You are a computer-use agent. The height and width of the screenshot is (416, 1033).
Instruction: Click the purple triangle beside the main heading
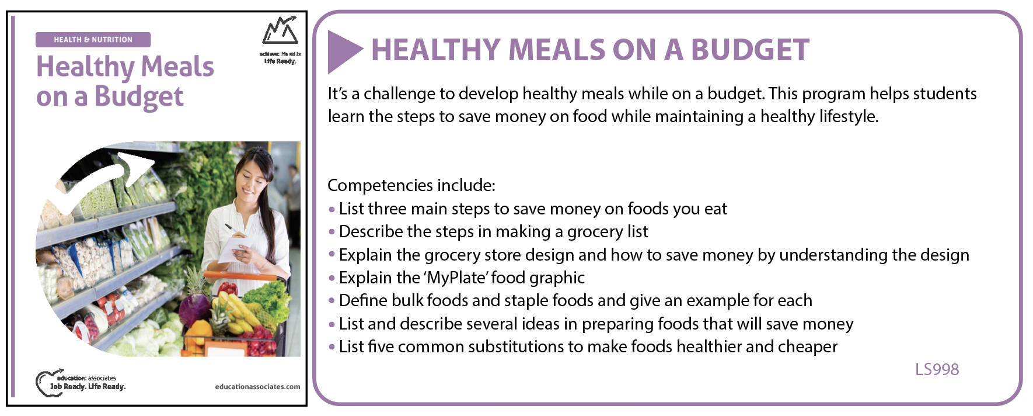click(x=343, y=51)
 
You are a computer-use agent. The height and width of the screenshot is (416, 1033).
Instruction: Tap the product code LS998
click(x=937, y=369)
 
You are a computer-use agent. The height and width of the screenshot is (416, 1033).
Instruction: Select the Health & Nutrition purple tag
click(x=93, y=40)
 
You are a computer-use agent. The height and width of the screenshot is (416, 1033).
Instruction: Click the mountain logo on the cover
click(x=280, y=30)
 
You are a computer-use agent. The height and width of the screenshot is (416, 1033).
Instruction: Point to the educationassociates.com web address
click(x=257, y=386)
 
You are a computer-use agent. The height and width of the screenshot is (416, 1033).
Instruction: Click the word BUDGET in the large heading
click(x=750, y=50)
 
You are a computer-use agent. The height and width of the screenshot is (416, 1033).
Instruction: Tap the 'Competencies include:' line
click(x=411, y=185)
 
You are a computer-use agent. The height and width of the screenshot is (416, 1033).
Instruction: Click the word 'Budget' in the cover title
click(x=139, y=97)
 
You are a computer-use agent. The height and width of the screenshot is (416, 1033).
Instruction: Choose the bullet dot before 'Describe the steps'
click(x=331, y=232)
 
